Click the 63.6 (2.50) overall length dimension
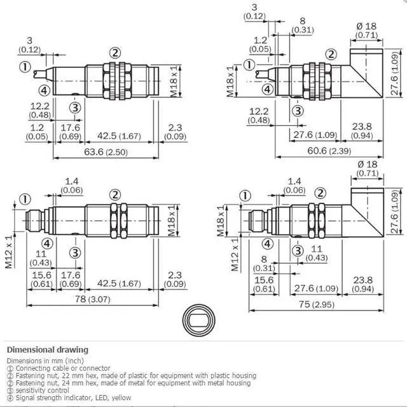point(106,152)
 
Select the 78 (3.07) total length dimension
point(92,299)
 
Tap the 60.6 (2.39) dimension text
point(329,150)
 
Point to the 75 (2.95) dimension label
point(316,304)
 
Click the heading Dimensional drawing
point(48,350)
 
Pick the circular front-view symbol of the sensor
point(199,320)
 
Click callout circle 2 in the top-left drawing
point(115,53)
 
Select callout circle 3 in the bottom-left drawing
point(75,253)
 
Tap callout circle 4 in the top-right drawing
point(268,90)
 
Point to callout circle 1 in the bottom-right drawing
point(245,196)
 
